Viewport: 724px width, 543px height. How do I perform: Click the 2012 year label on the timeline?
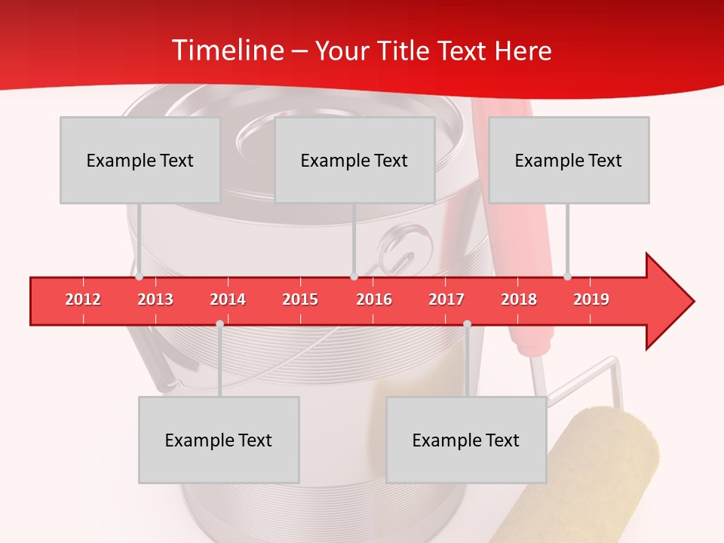(x=83, y=299)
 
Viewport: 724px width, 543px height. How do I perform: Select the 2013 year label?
(x=155, y=299)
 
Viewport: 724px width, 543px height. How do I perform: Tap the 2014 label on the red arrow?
(x=228, y=299)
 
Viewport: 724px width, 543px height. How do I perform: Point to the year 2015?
(x=300, y=299)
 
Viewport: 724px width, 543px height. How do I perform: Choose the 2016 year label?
(x=374, y=299)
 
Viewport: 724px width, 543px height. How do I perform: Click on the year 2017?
(x=446, y=299)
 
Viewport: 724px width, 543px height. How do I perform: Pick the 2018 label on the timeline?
(x=519, y=299)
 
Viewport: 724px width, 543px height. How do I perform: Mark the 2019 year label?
(x=591, y=299)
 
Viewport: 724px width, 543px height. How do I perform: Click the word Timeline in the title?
(x=226, y=51)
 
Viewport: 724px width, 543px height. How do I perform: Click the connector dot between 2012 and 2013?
(x=139, y=277)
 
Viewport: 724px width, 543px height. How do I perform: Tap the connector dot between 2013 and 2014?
(x=219, y=324)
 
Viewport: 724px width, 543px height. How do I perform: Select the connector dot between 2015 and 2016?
(x=354, y=277)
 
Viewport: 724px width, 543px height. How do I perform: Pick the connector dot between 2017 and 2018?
(x=467, y=324)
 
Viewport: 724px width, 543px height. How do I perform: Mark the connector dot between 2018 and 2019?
(x=568, y=277)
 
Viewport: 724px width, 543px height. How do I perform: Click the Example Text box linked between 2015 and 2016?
(x=354, y=160)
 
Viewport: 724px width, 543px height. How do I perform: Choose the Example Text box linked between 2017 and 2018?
(x=466, y=440)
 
